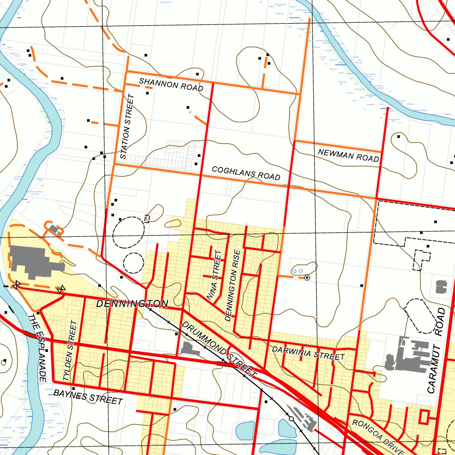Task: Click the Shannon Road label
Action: click(x=171, y=84)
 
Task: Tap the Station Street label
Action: click(x=127, y=127)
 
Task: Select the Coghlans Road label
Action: click(x=246, y=173)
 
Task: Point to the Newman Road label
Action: click(x=348, y=155)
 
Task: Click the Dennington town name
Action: click(x=132, y=304)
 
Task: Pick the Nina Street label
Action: click(x=214, y=275)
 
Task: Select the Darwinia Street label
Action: click(x=308, y=353)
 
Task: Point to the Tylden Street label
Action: click(x=70, y=351)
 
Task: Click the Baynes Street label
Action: click(x=88, y=396)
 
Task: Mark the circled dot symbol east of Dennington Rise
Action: click(x=307, y=278)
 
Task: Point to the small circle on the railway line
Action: click(x=291, y=419)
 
